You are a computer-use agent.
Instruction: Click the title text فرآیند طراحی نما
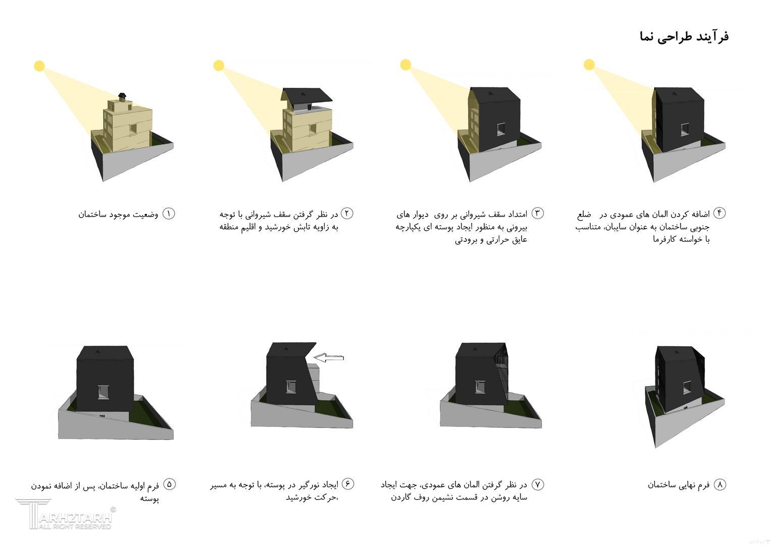point(684,37)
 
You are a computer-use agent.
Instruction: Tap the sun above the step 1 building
point(39,66)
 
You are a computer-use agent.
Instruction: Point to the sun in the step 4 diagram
point(589,65)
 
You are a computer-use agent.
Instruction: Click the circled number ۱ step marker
point(168,213)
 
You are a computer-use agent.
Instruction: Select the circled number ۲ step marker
point(347,213)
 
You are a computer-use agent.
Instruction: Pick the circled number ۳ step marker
point(538,213)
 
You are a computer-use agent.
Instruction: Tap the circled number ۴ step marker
point(719,213)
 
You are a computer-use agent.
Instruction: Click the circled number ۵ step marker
point(169,484)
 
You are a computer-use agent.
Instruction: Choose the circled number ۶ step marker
point(348,484)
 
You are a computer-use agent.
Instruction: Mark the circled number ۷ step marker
point(538,484)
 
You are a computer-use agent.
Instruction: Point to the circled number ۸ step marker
point(719,484)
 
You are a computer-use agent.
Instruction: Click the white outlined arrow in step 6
point(329,358)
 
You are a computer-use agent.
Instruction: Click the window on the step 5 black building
point(104,392)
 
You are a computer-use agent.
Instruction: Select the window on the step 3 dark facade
point(501,129)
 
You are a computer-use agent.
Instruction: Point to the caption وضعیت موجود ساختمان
point(118,214)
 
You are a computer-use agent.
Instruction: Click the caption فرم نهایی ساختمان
point(679,485)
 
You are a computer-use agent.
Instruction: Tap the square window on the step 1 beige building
point(133,129)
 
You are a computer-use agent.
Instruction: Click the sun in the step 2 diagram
point(219,66)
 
